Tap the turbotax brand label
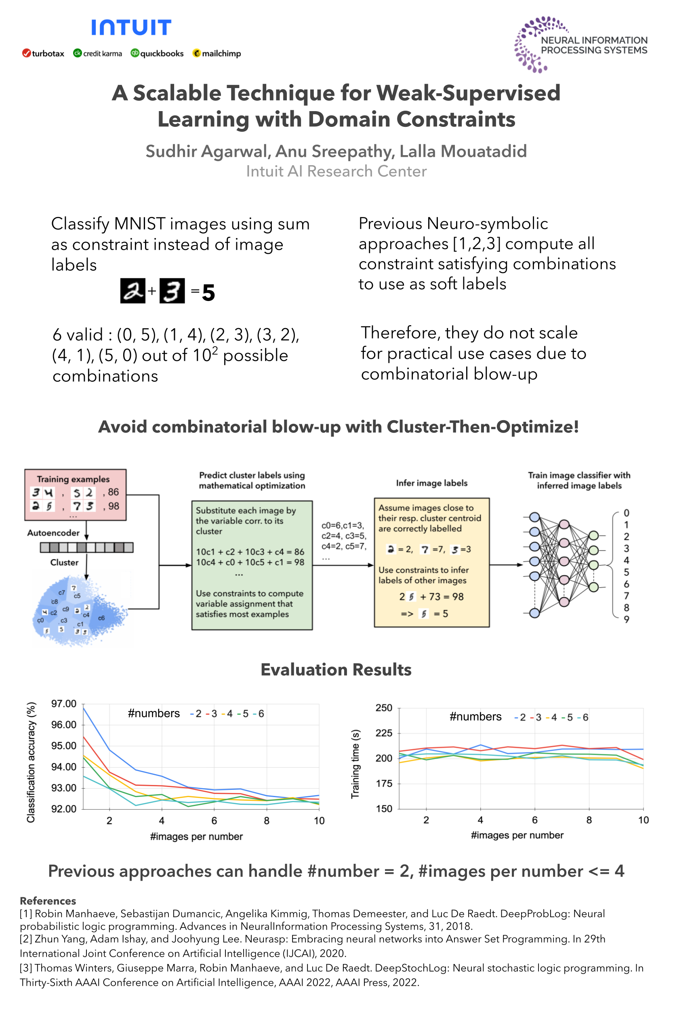click(x=43, y=54)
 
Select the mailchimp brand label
click(x=217, y=54)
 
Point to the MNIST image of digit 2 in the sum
click(x=132, y=290)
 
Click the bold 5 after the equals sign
click(x=208, y=293)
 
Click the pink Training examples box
click(x=76, y=494)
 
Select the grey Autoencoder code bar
click(x=86, y=547)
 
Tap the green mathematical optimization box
click(x=252, y=565)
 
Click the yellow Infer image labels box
click(x=431, y=562)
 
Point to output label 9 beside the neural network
click(x=626, y=619)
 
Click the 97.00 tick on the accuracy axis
click(x=63, y=704)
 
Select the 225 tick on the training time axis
click(x=384, y=733)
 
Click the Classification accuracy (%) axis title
click(x=31, y=762)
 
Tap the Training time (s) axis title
click(x=355, y=764)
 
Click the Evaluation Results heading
click(x=336, y=669)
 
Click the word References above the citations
click(x=48, y=901)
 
